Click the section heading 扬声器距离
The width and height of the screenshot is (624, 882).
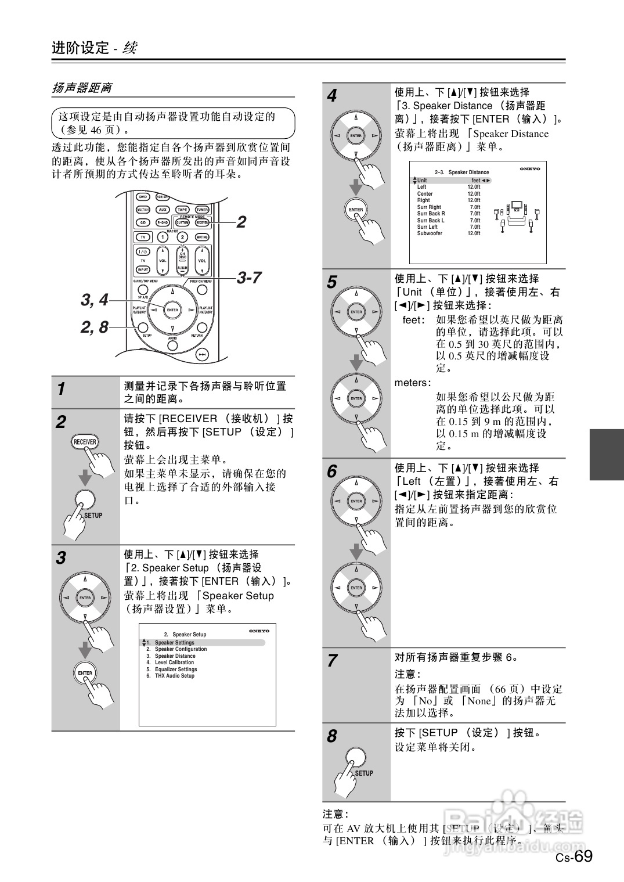(82, 88)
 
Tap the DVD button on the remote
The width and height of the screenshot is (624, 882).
(142, 197)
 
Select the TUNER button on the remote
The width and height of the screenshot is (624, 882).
(201, 210)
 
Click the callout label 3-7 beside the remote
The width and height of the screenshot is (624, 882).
(249, 278)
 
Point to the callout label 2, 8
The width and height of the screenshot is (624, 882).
(94, 327)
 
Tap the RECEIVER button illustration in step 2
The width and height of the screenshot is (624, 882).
(85, 442)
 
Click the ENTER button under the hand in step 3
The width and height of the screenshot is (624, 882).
(85, 673)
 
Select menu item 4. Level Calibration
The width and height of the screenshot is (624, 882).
(171, 663)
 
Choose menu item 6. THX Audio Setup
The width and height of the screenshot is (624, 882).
(171, 676)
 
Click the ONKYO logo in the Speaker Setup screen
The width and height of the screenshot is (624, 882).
(259, 631)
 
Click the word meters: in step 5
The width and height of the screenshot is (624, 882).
(413, 383)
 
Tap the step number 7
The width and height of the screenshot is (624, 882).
(332, 661)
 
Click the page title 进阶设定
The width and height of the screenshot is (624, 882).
(80, 48)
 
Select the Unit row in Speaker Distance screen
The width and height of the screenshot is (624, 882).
(452, 181)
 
